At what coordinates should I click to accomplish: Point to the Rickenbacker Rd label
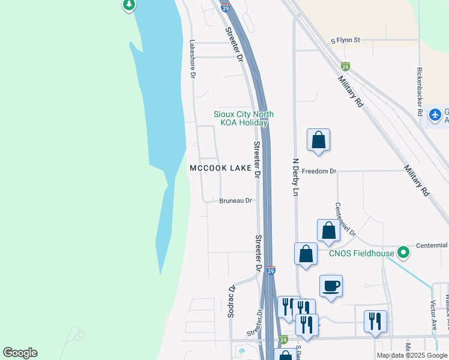point(418,87)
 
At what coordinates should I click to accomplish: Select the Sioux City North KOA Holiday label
point(244,118)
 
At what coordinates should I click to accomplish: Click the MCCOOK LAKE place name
point(220,169)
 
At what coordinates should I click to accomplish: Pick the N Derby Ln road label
point(295,174)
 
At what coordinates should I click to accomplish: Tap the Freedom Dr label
point(319,171)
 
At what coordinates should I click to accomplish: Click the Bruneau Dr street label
point(235,200)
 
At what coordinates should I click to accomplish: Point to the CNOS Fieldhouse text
point(361,253)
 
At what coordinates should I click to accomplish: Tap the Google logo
point(20,353)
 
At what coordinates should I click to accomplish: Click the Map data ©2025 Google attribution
point(411,355)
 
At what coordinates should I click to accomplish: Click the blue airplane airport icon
point(436,114)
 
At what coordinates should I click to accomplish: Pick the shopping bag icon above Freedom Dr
point(318,140)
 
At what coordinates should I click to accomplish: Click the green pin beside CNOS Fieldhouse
point(404,252)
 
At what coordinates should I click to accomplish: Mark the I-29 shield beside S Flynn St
point(345,67)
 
